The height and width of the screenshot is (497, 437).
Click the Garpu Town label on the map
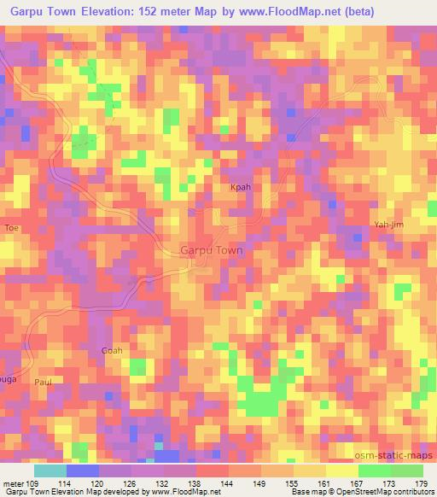pos(212,251)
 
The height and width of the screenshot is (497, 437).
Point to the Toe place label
pos(11,228)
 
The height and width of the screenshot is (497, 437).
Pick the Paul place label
pos(44,382)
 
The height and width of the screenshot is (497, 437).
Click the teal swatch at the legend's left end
pos(50,471)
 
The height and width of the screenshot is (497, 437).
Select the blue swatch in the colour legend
pos(82,471)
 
